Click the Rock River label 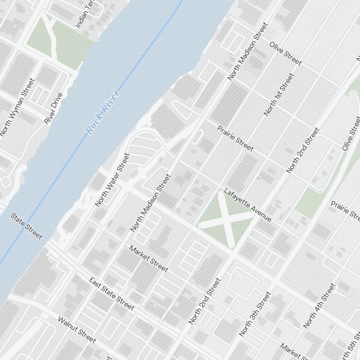[103, 112]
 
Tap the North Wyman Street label [17, 108]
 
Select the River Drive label [53, 108]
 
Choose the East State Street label [112, 294]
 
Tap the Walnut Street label [77, 330]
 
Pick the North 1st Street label [279, 95]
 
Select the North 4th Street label [319, 306]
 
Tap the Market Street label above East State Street [148, 259]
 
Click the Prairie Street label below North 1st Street [235, 138]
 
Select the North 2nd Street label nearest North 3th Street [204, 301]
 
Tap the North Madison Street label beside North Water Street [150, 203]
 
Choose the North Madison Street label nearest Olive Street [248, 51]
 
